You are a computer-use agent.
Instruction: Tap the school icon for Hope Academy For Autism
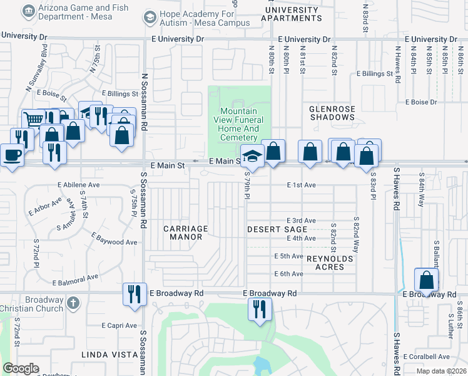click(x=149, y=17)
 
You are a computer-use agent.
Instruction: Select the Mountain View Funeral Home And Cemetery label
click(x=241, y=124)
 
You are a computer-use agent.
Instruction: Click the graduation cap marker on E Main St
click(x=252, y=155)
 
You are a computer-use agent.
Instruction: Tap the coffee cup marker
click(x=11, y=154)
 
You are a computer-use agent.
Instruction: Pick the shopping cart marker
click(x=33, y=119)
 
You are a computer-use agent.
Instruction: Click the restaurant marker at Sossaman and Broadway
click(x=135, y=292)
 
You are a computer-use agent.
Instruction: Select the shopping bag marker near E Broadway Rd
click(x=426, y=279)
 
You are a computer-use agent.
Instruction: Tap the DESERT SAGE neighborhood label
click(x=277, y=229)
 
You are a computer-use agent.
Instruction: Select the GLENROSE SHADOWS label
click(x=332, y=113)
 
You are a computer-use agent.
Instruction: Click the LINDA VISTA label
click(x=109, y=355)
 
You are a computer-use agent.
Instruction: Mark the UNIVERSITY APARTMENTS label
click(x=292, y=14)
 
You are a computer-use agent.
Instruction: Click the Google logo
click(x=21, y=368)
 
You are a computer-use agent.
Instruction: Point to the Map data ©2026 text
click(x=442, y=371)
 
